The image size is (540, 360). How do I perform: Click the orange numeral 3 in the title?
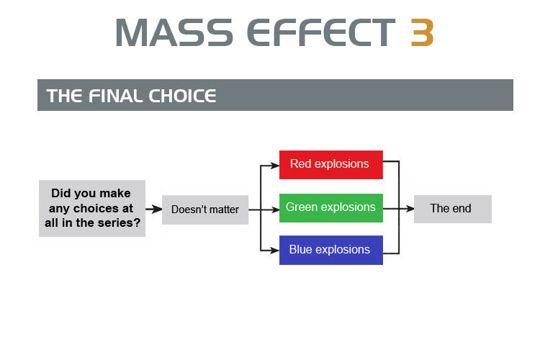point(422,32)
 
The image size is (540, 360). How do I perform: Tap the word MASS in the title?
point(174,32)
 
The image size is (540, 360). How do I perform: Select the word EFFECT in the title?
point(321,32)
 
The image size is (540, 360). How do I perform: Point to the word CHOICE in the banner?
point(182,96)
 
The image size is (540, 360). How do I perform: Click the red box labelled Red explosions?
point(331,165)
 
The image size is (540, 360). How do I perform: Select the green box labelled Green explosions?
point(331,208)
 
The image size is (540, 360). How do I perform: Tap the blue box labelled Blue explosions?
point(331,250)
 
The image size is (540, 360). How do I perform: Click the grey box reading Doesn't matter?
point(205,210)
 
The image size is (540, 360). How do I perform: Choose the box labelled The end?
point(453,209)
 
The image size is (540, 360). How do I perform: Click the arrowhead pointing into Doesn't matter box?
point(158,209)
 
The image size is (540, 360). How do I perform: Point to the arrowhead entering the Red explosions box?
point(275,166)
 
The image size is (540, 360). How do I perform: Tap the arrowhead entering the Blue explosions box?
point(275,251)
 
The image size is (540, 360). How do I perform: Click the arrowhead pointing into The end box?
point(410,208)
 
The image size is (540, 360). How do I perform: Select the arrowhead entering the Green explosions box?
point(275,210)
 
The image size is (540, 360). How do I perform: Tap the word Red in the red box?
point(301,163)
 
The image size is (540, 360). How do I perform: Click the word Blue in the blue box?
point(301,249)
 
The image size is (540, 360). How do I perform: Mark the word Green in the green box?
point(302,207)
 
